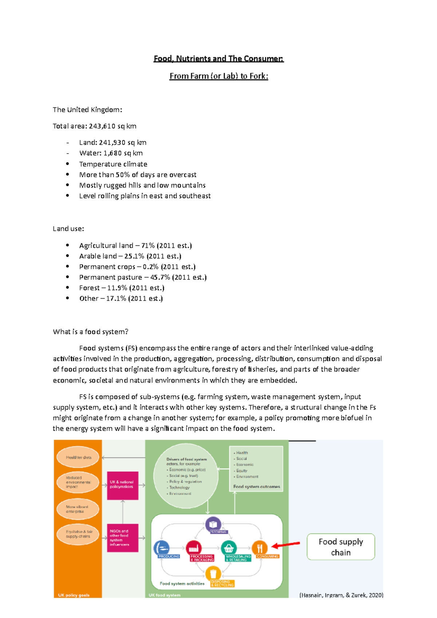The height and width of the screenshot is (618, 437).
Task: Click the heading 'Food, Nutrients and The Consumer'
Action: [219, 59]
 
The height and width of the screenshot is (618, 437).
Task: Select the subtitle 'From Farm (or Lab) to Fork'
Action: [219, 76]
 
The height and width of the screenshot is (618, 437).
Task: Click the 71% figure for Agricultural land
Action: [147, 246]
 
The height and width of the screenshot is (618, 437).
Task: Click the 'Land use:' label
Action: [68, 229]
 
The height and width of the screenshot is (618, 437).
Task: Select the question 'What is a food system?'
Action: [91, 332]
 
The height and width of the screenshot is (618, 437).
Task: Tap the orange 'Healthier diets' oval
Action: [78, 457]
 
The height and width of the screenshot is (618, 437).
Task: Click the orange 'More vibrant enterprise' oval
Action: [78, 509]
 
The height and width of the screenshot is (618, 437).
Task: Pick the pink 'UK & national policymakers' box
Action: [122, 485]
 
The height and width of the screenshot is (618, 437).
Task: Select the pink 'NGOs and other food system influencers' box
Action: [122, 538]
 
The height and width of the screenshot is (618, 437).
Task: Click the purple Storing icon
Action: [213, 524]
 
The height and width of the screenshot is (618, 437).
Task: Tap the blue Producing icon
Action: [162, 548]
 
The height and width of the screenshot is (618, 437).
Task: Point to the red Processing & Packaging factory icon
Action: [194, 548]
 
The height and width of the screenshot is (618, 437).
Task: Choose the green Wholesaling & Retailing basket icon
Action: [229, 548]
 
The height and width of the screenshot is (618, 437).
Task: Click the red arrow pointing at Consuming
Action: [286, 545]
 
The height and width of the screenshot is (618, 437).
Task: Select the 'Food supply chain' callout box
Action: [340, 547]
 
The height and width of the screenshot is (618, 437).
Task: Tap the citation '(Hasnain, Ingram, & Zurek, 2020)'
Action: [341, 595]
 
